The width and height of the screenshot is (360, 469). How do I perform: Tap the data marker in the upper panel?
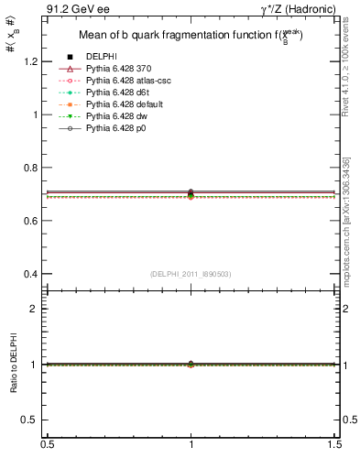point(191,193)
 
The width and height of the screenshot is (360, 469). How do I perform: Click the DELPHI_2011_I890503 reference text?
point(190,274)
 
